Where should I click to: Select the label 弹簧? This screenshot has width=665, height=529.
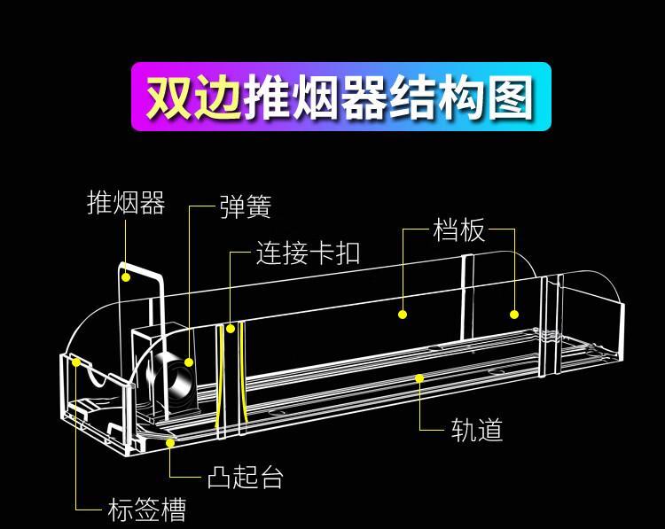click(246, 207)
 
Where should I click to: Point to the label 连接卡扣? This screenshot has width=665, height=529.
click(308, 253)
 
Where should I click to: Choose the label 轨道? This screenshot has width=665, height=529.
click(477, 431)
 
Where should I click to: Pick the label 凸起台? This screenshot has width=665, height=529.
click(246, 478)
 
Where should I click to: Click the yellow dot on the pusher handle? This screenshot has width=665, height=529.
click(126, 277)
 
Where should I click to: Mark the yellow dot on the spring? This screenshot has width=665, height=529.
click(189, 362)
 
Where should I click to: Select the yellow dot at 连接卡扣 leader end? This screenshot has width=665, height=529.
click(231, 328)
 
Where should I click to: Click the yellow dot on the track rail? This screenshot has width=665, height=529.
click(419, 377)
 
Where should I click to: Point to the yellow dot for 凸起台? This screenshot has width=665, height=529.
click(169, 441)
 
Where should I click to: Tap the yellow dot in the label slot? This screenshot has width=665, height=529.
click(76, 362)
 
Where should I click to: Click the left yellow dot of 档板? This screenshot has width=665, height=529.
click(402, 314)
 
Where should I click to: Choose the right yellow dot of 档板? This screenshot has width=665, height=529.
click(513, 314)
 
